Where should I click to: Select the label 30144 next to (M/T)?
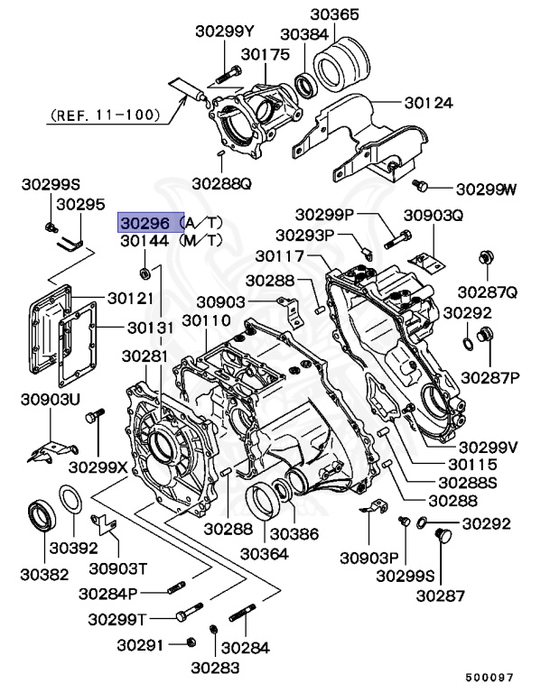tap(144, 241)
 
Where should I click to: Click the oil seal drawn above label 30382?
tap(41, 515)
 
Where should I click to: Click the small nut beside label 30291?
tap(189, 642)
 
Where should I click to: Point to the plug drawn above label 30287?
tap(443, 538)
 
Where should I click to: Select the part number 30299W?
tap(486, 189)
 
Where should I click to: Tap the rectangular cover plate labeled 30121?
tap(51, 329)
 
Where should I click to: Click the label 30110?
tap(206, 322)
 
